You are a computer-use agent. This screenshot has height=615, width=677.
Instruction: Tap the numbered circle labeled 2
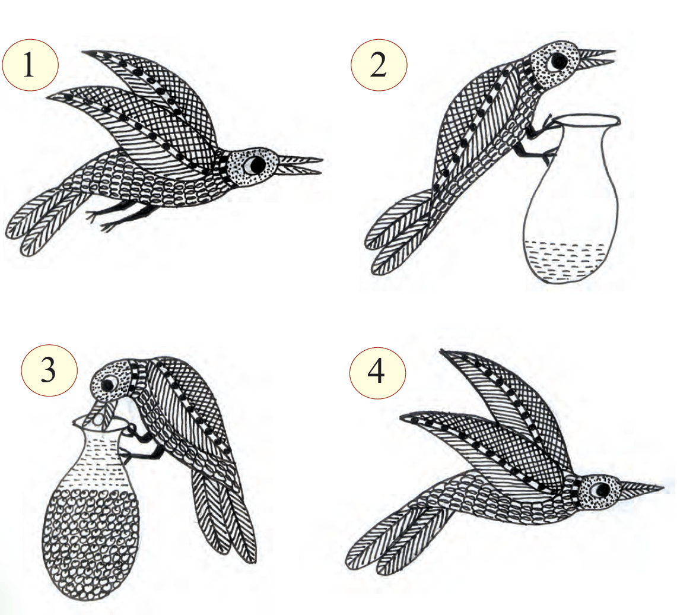point(379,66)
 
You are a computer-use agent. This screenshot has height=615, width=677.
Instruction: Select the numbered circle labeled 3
point(49,370)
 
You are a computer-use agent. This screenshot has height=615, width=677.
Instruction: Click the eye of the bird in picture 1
point(254,164)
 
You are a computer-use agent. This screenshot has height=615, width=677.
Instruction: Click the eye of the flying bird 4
point(600,489)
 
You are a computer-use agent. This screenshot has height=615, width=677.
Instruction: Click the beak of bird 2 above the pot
point(596,58)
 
